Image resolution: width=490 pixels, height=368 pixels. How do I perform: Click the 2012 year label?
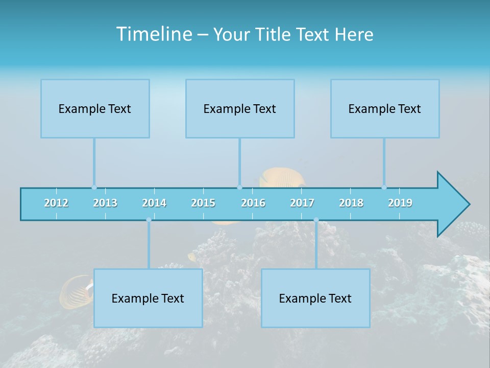point(56,203)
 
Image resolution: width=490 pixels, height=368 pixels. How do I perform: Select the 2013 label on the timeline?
point(105,203)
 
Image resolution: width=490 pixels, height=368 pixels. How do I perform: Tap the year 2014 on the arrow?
point(154,203)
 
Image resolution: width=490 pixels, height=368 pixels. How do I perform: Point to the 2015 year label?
point(203,203)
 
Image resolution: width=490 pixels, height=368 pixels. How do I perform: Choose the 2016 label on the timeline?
point(253,203)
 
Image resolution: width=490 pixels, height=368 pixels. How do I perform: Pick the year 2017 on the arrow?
point(302,203)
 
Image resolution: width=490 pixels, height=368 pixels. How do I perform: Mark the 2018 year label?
point(351,203)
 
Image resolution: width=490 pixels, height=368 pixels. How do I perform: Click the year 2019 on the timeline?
point(400,203)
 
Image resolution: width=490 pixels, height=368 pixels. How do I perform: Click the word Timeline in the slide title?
point(153,34)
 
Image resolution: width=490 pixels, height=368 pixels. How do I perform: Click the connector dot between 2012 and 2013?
point(94,188)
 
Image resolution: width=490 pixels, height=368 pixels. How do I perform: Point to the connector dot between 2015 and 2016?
point(239,188)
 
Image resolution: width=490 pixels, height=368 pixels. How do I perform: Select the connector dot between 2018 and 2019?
point(384,188)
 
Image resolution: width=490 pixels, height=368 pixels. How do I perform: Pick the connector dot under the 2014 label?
point(149,220)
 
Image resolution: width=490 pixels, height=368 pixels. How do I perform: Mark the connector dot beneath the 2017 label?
point(316,220)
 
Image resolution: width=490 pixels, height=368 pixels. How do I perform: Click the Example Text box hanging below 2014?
point(148,298)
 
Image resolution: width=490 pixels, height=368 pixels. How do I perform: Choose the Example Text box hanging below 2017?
point(315,298)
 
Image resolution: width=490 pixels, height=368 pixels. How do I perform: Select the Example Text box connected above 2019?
point(385,108)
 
